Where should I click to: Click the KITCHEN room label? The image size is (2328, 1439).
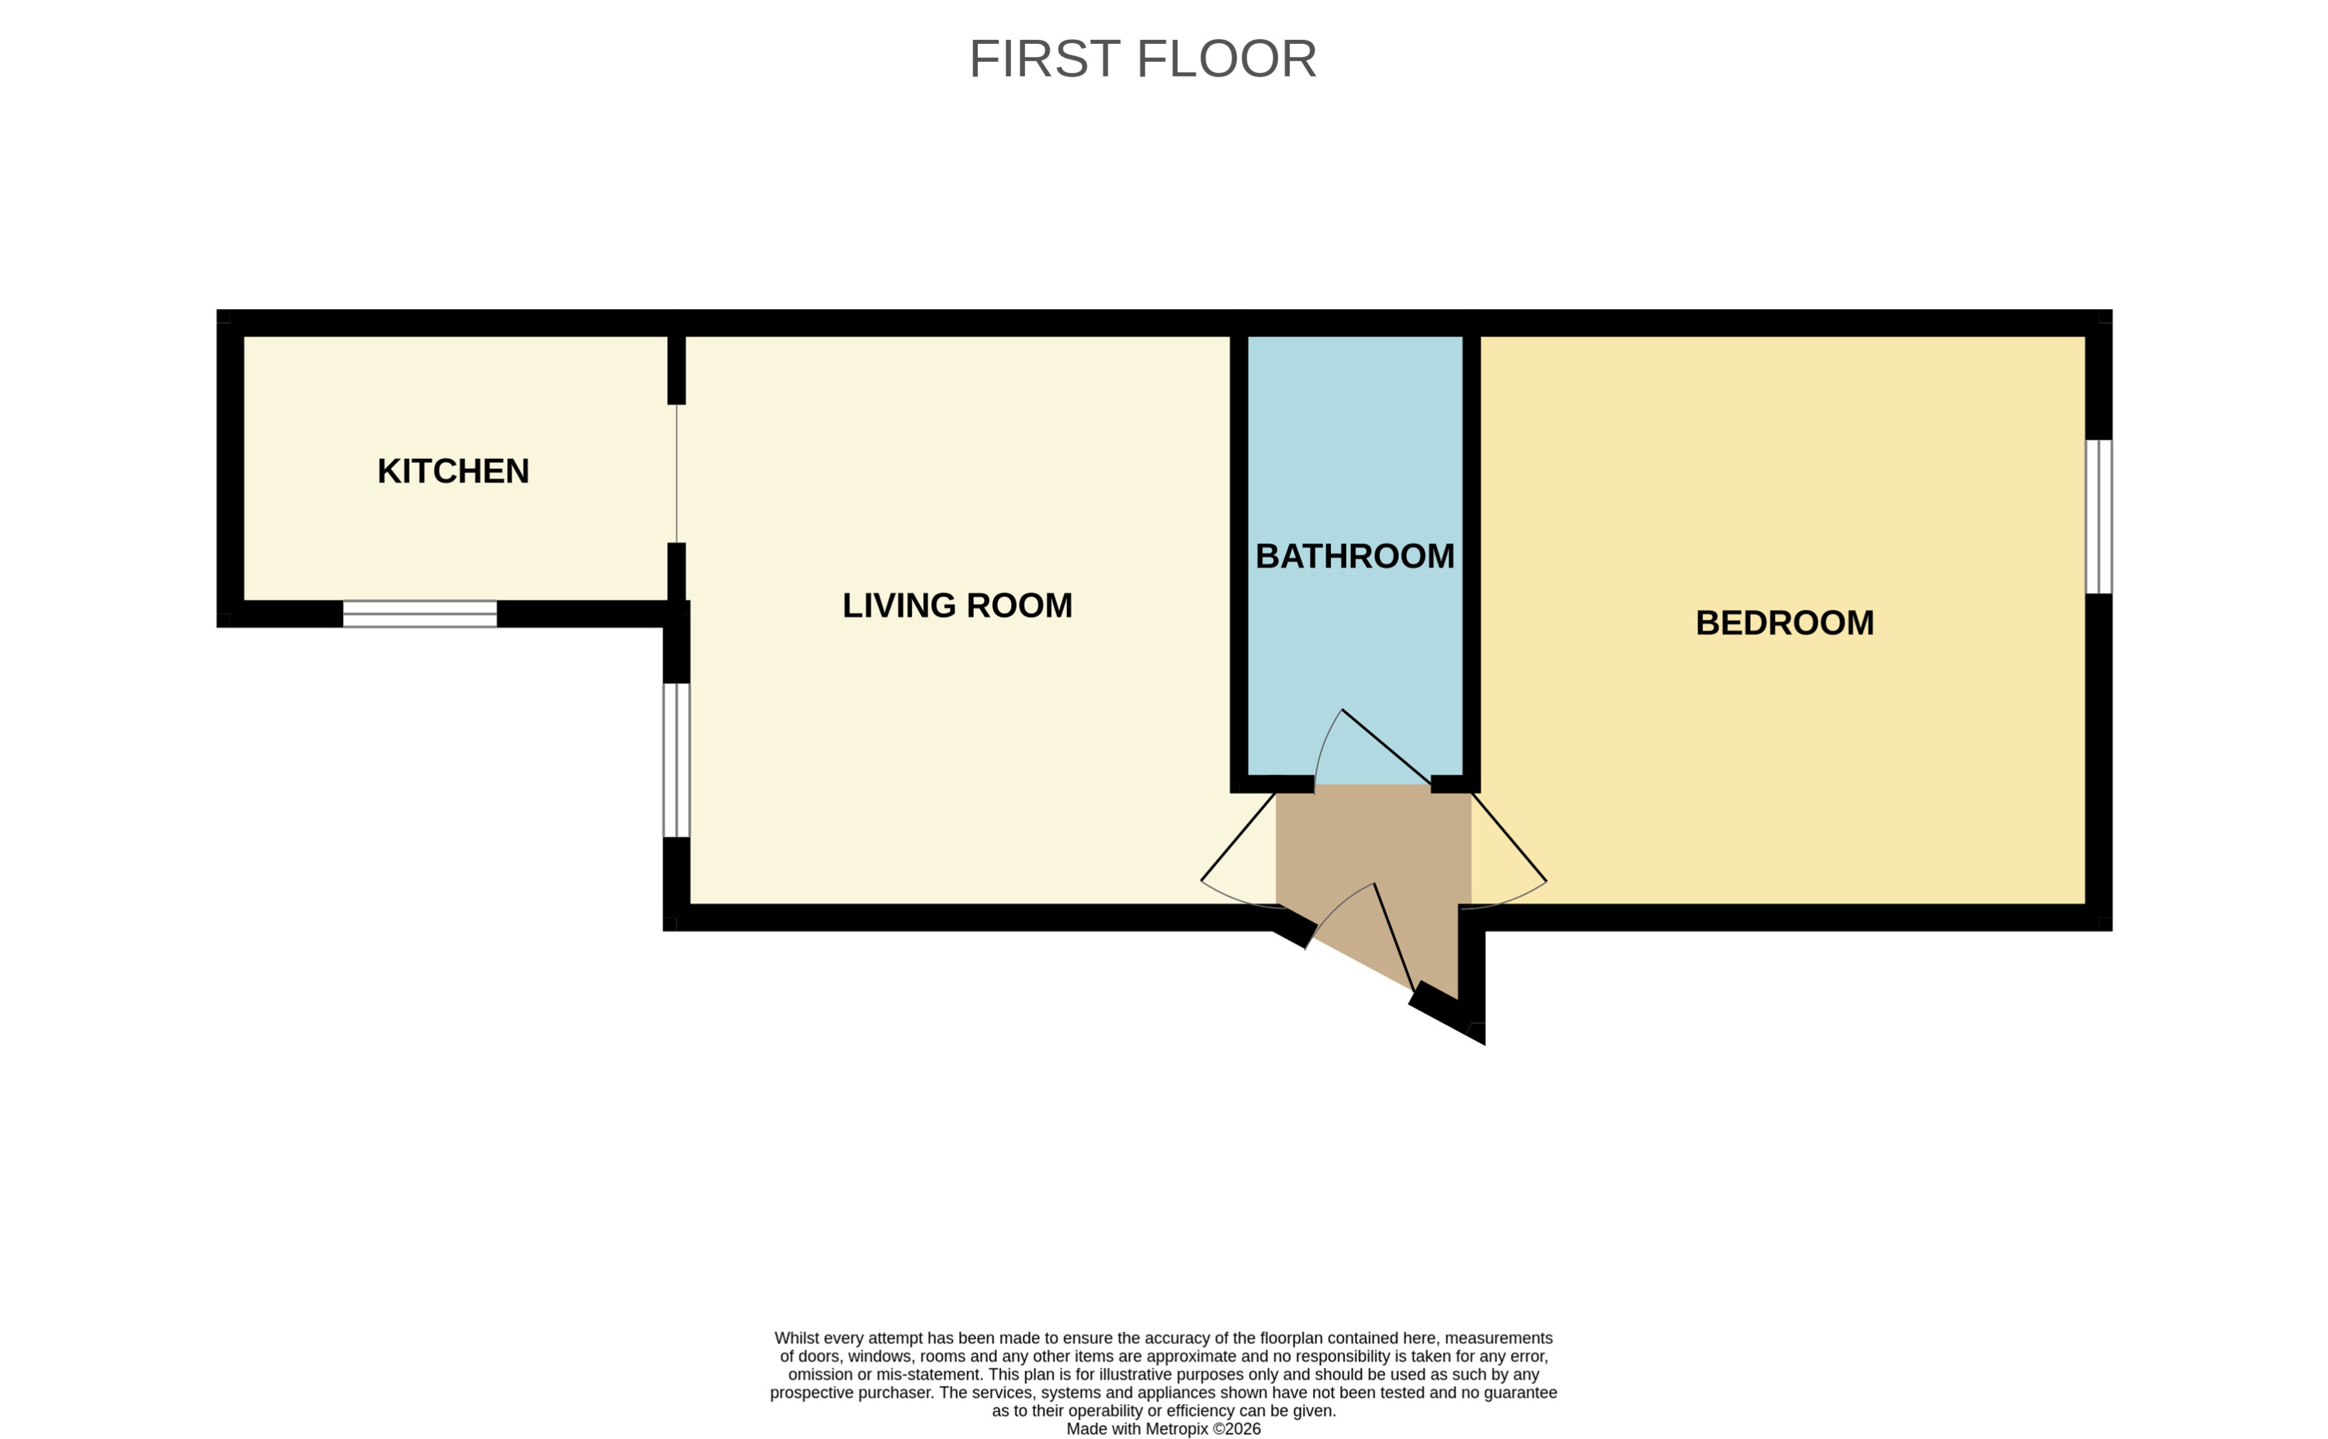[453, 471]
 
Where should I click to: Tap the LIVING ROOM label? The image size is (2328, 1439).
[956, 605]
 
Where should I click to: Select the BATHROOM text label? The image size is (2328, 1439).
[1354, 556]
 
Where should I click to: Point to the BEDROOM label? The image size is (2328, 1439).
[1785, 622]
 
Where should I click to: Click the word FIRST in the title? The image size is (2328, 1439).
[1044, 59]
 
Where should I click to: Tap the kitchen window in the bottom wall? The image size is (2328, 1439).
[420, 614]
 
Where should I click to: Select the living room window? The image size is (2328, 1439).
[676, 759]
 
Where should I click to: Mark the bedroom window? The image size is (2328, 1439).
[2098, 516]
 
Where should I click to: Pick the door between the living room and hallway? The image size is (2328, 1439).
[1237, 837]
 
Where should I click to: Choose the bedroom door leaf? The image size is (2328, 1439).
[1509, 837]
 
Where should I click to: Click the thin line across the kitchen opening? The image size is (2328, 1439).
[676, 473]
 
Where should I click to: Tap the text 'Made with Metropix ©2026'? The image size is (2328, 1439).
[1163, 1428]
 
